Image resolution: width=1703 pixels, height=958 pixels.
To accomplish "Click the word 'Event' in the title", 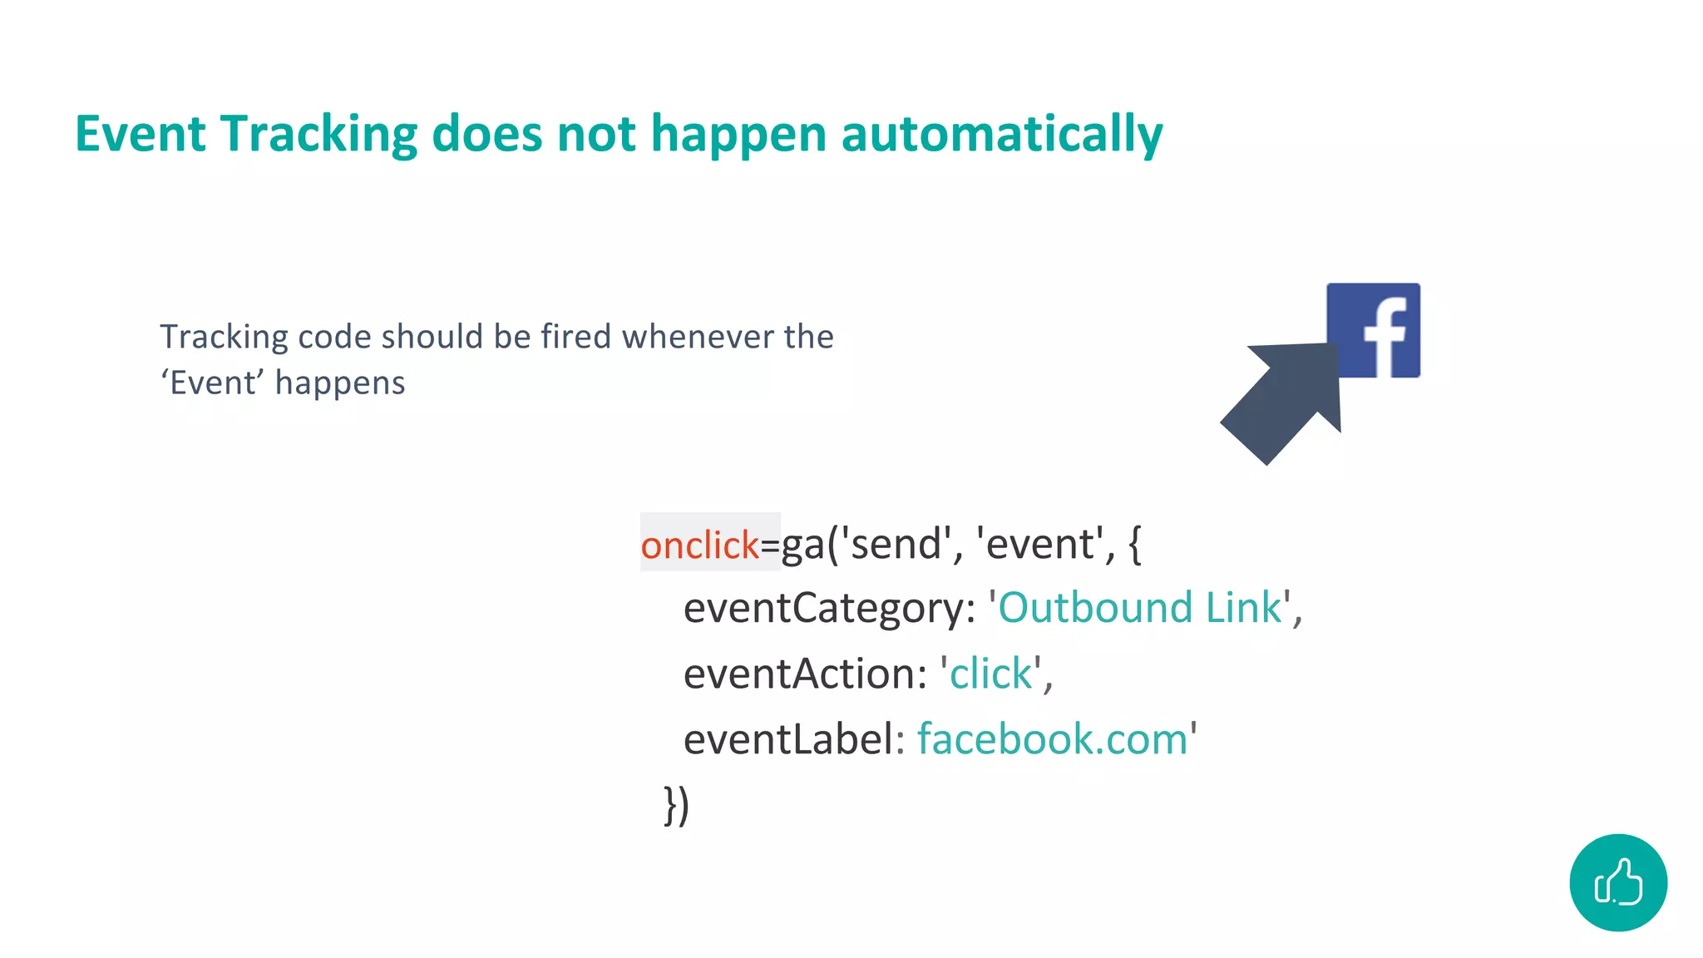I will [140, 134].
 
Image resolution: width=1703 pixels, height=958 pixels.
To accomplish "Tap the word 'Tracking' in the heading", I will [318, 134].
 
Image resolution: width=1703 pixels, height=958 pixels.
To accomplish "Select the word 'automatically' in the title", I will [1001, 134].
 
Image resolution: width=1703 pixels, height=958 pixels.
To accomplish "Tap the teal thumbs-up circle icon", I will [1617, 882].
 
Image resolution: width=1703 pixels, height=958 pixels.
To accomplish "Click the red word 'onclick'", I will [699, 546].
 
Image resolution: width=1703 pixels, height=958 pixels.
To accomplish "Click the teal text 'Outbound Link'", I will [1139, 608].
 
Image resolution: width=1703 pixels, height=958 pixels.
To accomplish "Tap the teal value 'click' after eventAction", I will [990, 674].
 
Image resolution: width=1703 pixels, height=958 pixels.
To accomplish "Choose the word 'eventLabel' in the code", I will [787, 739].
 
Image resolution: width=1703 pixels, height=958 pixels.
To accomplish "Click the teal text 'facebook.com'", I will [1052, 739].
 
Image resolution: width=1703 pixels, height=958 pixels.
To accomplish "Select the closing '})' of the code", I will [676, 805].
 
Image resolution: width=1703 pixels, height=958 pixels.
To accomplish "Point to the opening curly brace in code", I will [1135, 545].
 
